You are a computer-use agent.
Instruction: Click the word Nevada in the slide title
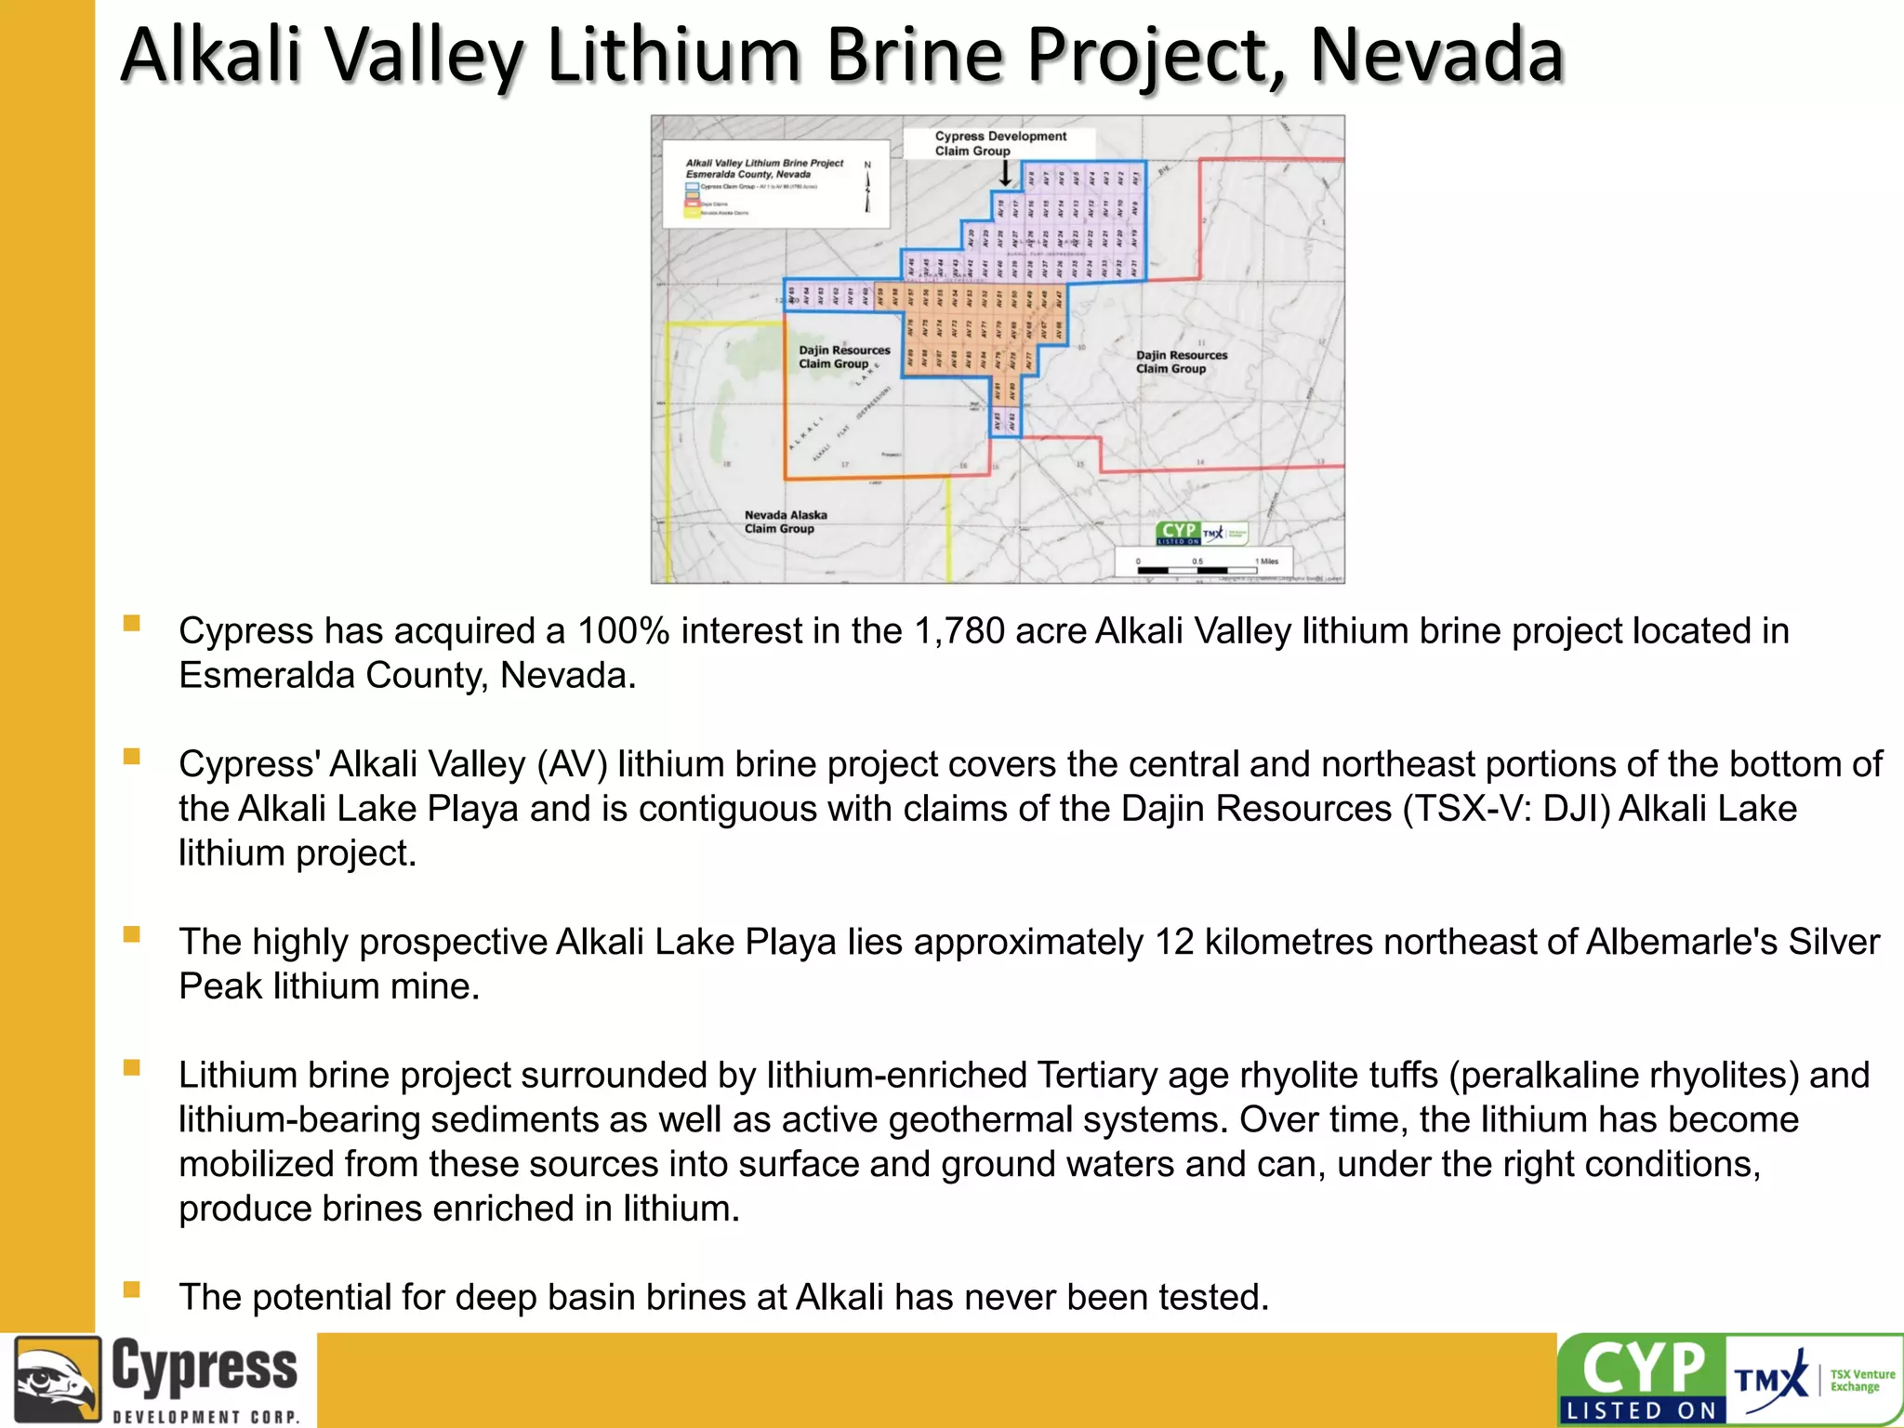1437,56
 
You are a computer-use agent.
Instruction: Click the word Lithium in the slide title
674,56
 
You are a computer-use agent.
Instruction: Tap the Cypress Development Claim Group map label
1000,143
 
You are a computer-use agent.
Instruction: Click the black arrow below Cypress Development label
1005,174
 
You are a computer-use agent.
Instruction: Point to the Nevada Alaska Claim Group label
785,522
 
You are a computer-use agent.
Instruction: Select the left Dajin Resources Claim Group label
843,357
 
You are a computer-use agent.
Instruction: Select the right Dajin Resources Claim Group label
1181,362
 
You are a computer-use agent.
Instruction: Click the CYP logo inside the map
1178,533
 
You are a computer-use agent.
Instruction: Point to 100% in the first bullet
623,631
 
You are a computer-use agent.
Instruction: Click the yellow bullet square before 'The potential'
131,1289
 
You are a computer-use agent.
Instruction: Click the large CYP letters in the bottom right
1644,1368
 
